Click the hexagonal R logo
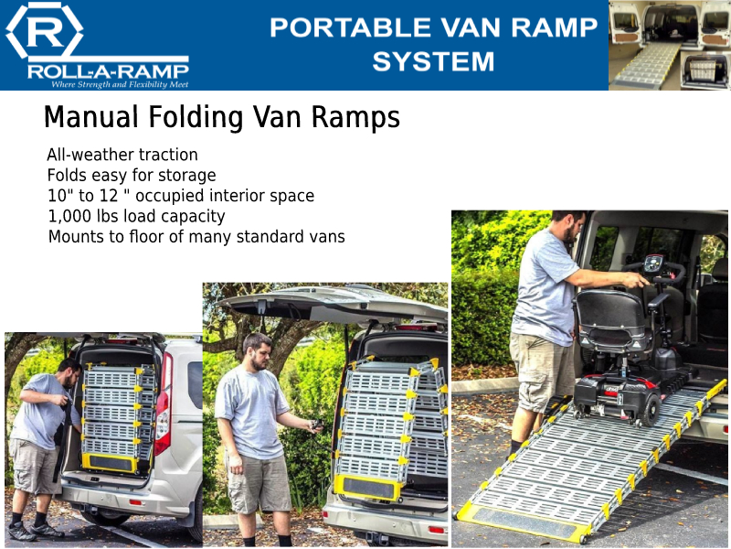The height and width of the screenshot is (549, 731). click(44, 30)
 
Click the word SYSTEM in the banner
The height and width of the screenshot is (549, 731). click(433, 61)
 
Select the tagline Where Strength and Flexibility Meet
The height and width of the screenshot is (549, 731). click(120, 84)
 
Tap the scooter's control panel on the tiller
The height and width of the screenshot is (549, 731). click(654, 265)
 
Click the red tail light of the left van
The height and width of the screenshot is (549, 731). click(163, 404)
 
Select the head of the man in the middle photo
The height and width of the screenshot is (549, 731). click(257, 350)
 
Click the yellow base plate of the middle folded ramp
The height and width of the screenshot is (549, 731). click(368, 487)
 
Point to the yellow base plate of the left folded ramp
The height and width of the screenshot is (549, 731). click(111, 463)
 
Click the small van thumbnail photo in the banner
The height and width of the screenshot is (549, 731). click(670, 45)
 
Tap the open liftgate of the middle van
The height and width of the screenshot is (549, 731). click(332, 305)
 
